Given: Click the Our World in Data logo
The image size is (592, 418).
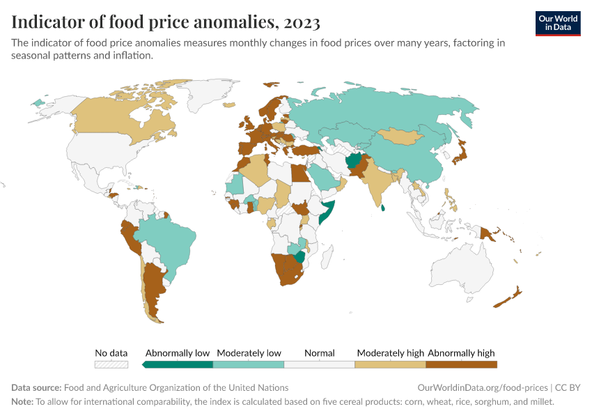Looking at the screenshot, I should click(557, 23).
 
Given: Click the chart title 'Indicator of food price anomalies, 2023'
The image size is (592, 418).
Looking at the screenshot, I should click(166, 22).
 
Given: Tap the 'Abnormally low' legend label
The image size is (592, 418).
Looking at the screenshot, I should click(178, 353).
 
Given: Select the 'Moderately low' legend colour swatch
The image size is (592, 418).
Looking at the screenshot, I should click(249, 364).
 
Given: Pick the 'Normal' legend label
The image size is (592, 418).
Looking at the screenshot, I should click(320, 353).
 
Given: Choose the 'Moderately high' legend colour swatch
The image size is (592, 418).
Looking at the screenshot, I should click(390, 364).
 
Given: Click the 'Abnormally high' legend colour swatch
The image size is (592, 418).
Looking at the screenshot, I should click(461, 364).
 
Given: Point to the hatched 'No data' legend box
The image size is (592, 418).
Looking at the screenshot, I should click(111, 364).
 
